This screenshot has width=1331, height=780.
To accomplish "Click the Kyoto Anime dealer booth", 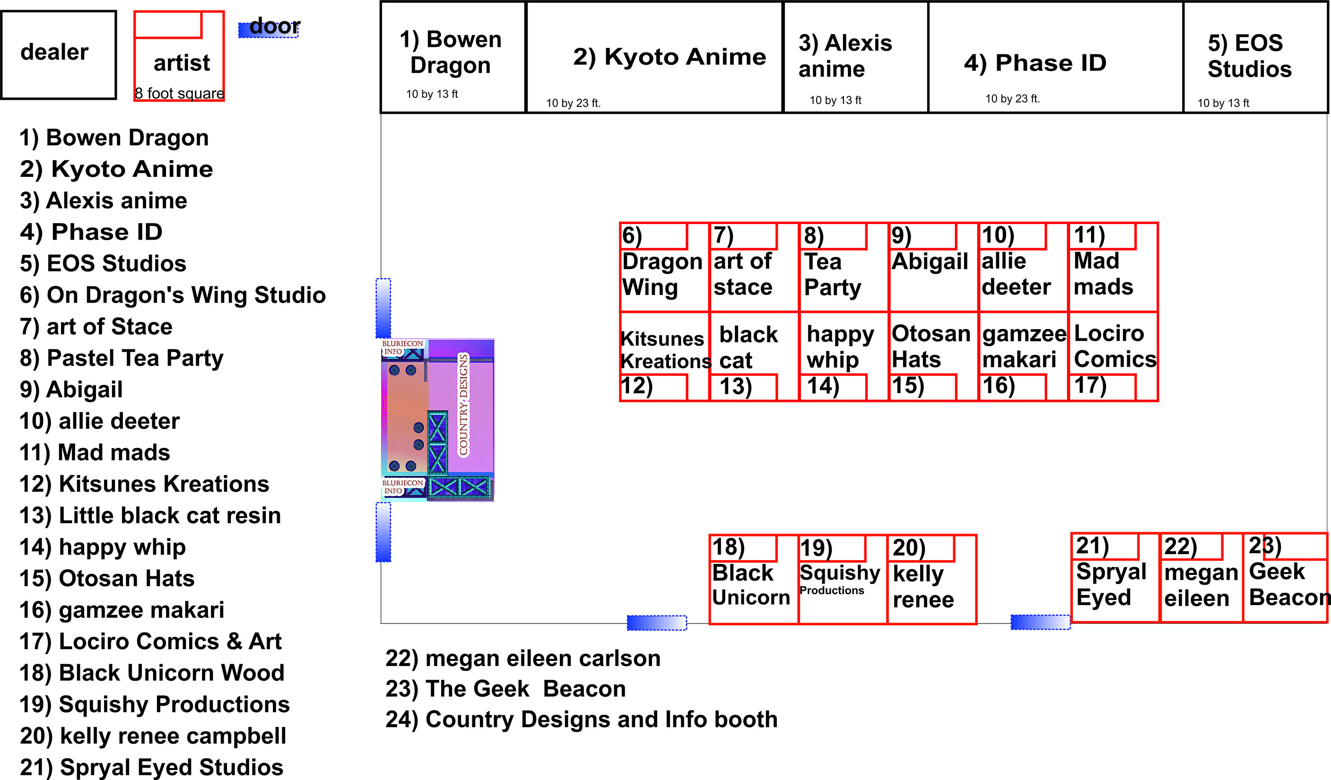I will [x=654, y=57].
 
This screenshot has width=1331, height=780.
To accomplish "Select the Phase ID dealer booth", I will [x=1055, y=57].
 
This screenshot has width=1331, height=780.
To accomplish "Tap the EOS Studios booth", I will [x=1255, y=57].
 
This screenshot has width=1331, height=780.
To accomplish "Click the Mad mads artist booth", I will [x=1113, y=267].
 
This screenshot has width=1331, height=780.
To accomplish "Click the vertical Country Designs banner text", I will [x=463, y=405].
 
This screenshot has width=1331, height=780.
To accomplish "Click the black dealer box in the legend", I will [x=58, y=54].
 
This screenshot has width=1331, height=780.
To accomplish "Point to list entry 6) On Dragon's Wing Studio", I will [x=172, y=295].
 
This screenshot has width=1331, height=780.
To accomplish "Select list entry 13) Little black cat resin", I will [x=150, y=515].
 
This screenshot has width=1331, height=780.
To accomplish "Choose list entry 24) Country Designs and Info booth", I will [x=581, y=719].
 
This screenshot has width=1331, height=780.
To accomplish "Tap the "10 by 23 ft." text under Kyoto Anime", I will [x=573, y=103].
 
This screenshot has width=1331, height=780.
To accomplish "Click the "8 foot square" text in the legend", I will [x=179, y=94].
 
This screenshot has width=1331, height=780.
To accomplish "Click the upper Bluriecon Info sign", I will [x=402, y=347].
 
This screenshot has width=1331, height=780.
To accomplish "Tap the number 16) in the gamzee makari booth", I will [x=998, y=386].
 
